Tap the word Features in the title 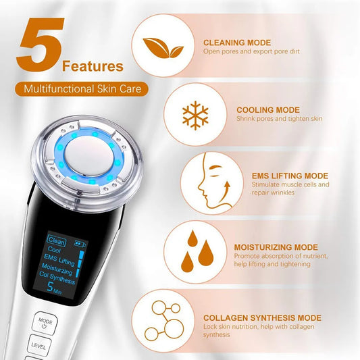(93, 66)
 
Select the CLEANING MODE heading (236, 43)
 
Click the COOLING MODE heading (268, 109)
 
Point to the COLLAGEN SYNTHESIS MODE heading (262, 317)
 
